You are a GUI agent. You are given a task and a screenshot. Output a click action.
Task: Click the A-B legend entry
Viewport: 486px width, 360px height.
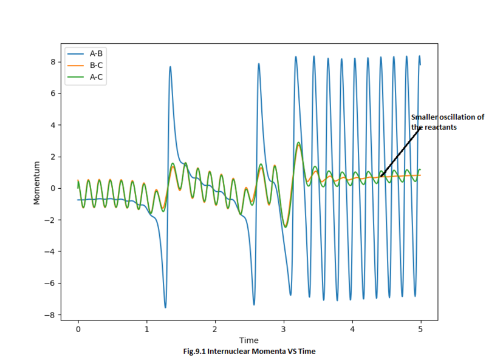[x=96, y=53]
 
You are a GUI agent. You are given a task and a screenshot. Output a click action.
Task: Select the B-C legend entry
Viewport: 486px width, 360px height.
[x=96, y=66]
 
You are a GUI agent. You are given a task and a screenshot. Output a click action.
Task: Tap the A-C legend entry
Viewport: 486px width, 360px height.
[x=96, y=77]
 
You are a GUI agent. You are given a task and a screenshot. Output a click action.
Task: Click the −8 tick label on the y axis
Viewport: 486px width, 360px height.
[x=50, y=315]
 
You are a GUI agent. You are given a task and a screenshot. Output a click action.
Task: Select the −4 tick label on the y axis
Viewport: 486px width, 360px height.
[x=50, y=252]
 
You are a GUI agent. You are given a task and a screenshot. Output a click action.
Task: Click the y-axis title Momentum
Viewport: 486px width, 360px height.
[x=37, y=182]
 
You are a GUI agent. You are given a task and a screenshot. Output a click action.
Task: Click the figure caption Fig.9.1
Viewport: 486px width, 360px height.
[x=249, y=351]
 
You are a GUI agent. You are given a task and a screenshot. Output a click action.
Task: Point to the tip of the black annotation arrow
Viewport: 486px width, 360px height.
[x=380, y=177]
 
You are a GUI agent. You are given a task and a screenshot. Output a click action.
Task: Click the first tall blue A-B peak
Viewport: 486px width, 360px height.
[x=170, y=67]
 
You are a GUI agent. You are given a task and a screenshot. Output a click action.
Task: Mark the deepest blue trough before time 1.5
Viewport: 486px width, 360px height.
[x=165, y=307]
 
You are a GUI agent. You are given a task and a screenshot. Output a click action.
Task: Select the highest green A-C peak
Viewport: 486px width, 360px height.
[x=298, y=143]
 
